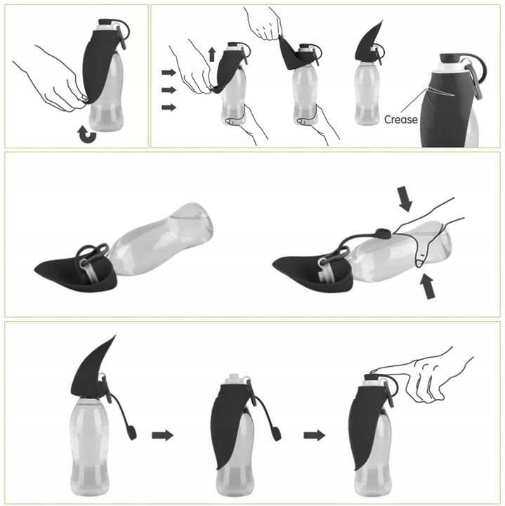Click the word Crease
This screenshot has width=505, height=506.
tap(401, 119)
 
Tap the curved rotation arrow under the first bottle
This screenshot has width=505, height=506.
tap(87, 134)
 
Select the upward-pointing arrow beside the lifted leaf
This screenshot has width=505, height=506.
tap(212, 54)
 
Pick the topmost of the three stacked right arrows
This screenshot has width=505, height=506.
tap(169, 72)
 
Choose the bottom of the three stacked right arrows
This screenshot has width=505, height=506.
tap(169, 107)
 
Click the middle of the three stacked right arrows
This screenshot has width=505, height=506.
tap(169, 90)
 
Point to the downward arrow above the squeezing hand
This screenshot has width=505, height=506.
tap(405, 199)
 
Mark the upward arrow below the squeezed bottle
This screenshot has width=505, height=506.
tap(428, 286)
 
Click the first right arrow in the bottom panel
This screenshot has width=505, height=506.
tap(162, 435)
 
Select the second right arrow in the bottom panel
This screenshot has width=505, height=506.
tap(315, 435)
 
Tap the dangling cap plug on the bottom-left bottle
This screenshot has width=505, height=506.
tap(132, 432)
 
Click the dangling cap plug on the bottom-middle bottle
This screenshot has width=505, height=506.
tap(276, 434)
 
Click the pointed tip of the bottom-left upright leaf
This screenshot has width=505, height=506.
tap(115, 336)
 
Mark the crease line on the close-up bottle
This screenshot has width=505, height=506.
tap(440, 91)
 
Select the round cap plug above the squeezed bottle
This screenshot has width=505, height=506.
tap(383, 233)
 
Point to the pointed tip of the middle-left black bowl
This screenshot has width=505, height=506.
tap(35, 269)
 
